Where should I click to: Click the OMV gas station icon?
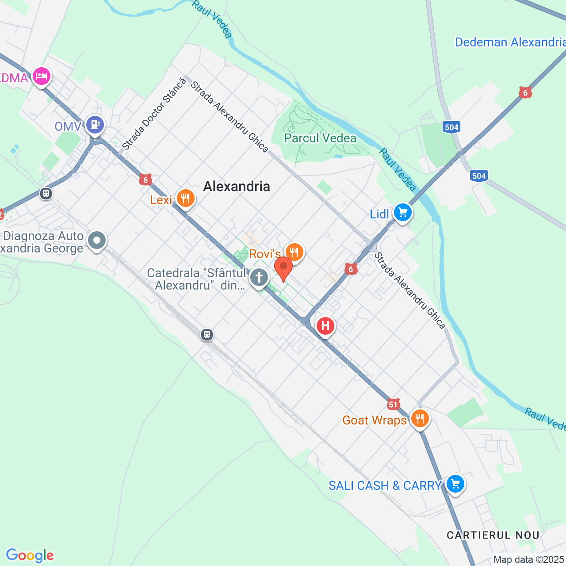coord(95,125)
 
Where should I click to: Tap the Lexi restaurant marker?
coord(185,199)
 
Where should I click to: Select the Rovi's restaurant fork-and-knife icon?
coord(294,252)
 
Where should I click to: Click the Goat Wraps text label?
coord(374,420)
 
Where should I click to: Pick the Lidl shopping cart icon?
coord(402,213)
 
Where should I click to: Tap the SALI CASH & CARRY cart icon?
coord(455,484)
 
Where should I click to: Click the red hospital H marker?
coord(325,326)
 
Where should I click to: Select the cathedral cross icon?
coord(259,278)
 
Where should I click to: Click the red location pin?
coord(283,268)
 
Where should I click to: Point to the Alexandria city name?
coord(237,186)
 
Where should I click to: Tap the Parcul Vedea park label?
coord(320,138)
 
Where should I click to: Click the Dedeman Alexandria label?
coord(510,42)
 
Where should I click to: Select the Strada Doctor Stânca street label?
coord(154,114)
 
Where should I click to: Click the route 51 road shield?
coord(393,404)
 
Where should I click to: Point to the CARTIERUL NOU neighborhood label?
coord(493,535)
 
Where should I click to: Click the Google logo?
coord(30,555)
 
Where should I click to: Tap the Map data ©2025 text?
coord(528,560)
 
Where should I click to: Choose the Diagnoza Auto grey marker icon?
coord(97,241)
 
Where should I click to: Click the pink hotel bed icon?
coord(42,76)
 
